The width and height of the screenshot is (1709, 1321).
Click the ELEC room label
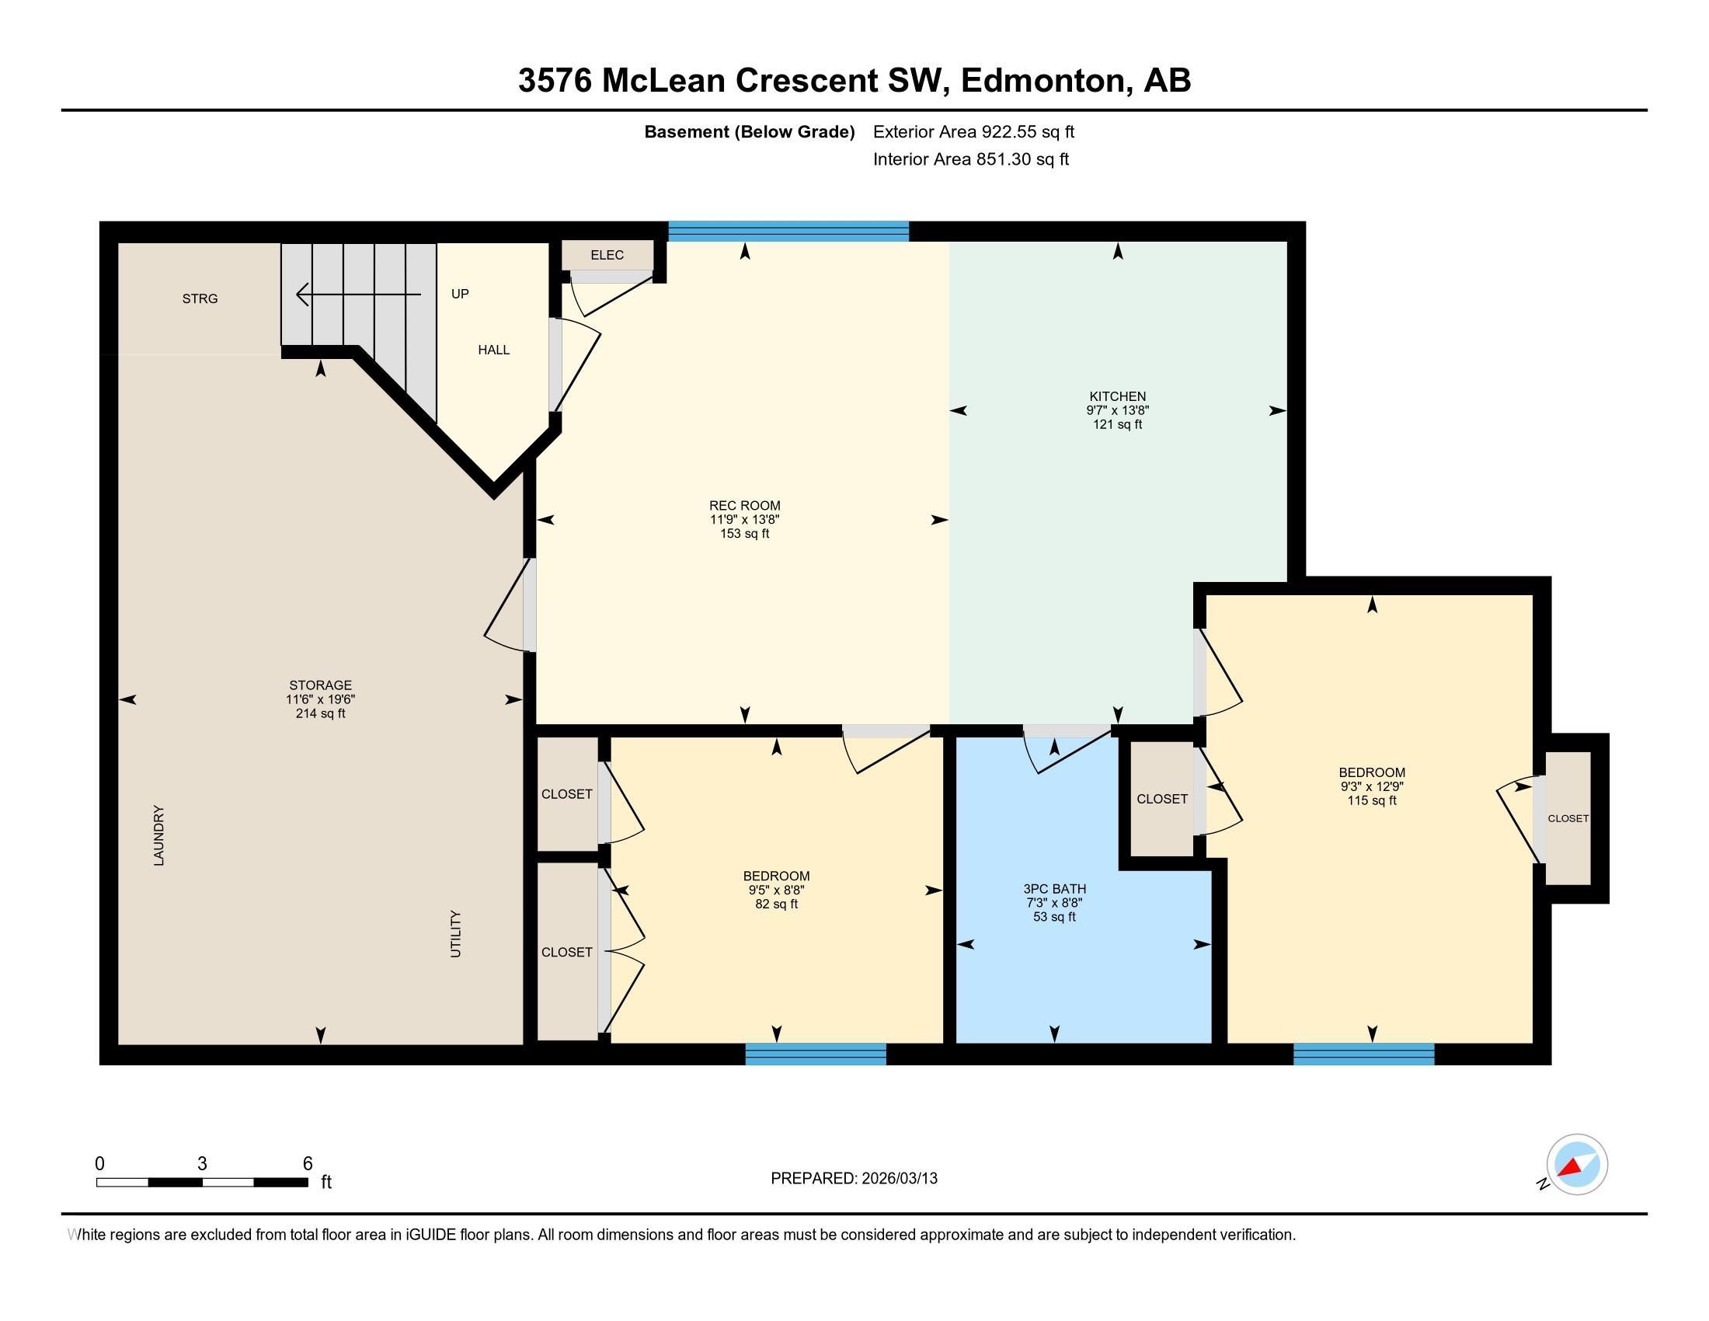pyautogui.click(x=607, y=255)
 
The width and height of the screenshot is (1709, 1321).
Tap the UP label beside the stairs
pyautogui.click(x=460, y=294)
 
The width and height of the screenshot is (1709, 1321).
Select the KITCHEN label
pyautogui.click(x=1116, y=396)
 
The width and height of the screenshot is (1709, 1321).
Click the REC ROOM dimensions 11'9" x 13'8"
pyautogui.click(x=744, y=520)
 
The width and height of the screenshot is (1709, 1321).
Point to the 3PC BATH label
pyautogui.click(x=1054, y=889)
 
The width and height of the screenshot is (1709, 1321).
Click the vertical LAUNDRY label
pyautogui.click(x=158, y=835)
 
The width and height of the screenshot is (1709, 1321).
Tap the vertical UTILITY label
pyautogui.click(x=456, y=933)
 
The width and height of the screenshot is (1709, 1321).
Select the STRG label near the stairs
pyautogui.click(x=200, y=299)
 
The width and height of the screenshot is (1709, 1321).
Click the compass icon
pyautogui.click(x=1577, y=1164)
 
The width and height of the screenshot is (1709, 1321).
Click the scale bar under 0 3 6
pyautogui.click(x=202, y=1183)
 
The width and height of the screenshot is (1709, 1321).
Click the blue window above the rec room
pyautogui.click(x=788, y=231)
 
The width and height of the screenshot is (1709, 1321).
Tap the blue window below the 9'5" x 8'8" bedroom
pyautogui.click(x=816, y=1054)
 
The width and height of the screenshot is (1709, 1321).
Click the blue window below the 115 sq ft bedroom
pyautogui.click(x=1363, y=1054)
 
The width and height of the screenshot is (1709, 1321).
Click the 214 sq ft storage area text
pyautogui.click(x=320, y=713)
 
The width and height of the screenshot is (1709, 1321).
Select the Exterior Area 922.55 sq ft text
pyautogui.click(x=973, y=132)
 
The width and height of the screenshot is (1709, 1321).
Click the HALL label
pyautogui.click(x=494, y=350)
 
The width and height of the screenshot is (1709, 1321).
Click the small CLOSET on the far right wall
pyautogui.click(x=1568, y=818)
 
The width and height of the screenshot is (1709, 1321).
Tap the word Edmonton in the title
pyautogui.click(x=1042, y=81)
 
